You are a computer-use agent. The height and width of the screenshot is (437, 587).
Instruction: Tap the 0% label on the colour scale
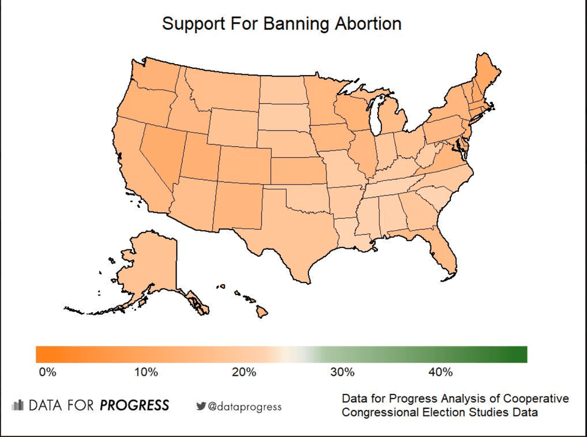[47, 372]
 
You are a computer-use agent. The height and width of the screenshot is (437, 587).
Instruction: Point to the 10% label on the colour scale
[146, 372]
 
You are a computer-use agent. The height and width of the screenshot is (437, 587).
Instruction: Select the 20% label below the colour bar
[244, 372]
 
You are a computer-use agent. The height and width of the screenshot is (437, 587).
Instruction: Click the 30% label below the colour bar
[342, 372]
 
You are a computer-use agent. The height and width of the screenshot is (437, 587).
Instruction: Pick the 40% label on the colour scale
[440, 372]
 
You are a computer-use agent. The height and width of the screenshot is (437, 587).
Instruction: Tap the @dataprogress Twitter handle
[244, 406]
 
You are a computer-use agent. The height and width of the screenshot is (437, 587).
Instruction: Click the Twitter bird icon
[201, 406]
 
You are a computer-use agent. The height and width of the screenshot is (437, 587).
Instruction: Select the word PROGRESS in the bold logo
[134, 405]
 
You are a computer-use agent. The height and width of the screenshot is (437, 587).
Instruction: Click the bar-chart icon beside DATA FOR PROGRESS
[17, 405]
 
